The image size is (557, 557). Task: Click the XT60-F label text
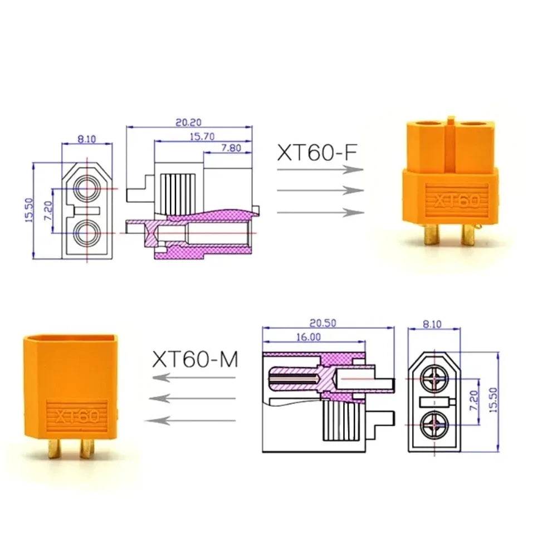(316, 152)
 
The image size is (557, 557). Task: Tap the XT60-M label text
(196, 360)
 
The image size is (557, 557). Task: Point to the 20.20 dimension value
(189, 122)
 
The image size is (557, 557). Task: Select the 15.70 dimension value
(202, 136)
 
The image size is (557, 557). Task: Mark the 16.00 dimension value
(308, 336)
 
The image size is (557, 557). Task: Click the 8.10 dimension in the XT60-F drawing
(87, 139)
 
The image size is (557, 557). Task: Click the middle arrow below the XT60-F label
(320, 190)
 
